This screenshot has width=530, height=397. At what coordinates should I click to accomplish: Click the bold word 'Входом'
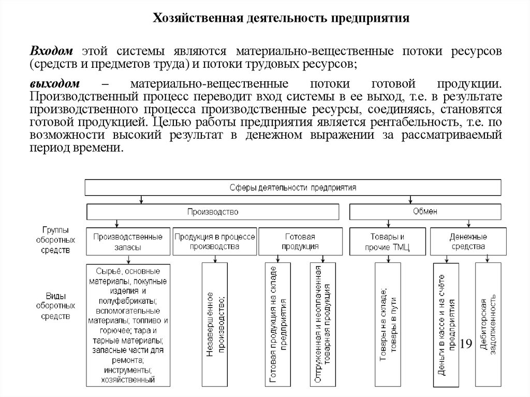click(51, 52)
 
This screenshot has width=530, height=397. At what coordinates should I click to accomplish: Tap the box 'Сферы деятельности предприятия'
click(292, 187)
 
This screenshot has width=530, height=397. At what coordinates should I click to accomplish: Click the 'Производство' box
click(212, 212)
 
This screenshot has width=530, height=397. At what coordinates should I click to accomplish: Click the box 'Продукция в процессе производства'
click(214, 241)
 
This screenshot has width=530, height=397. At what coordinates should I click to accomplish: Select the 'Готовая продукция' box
click(300, 241)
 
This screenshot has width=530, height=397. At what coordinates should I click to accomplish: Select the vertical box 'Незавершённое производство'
click(214, 324)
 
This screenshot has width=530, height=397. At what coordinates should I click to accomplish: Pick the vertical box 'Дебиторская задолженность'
click(488, 324)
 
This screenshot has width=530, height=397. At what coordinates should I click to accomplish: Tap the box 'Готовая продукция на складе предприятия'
click(278, 324)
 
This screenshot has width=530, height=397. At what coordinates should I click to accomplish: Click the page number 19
click(465, 344)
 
